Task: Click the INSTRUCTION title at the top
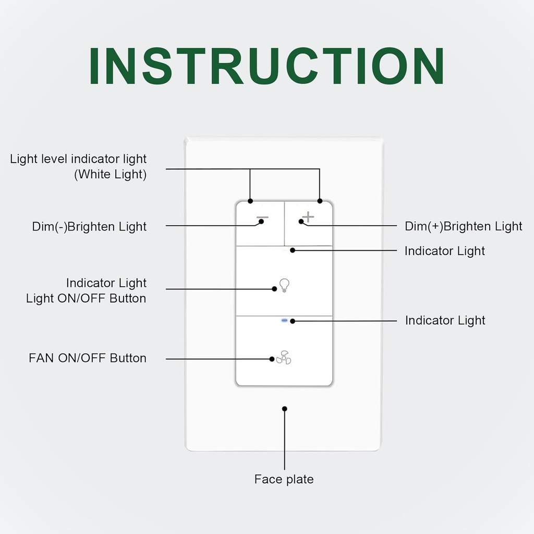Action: click(266, 66)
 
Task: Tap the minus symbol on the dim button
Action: click(262, 217)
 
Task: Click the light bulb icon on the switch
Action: click(284, 285)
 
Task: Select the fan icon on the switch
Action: click(284, 357)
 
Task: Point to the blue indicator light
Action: click(284, 321)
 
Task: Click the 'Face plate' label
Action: click(284, 479)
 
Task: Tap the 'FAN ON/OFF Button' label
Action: click(88, 358)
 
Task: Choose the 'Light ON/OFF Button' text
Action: click(86, 298)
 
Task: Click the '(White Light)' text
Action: click(110, 174)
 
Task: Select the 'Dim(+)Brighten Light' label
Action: click(464, 226)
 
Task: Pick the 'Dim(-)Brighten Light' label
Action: click(89, 227)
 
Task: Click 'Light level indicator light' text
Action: click(78, 159)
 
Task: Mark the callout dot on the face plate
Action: click(284, 409)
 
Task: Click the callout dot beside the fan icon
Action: click(272, 359)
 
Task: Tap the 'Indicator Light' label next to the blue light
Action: click(445, 320)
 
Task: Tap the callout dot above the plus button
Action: click(320, 201)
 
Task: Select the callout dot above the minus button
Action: click(250, 201)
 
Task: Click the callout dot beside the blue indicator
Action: click(293, 321)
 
